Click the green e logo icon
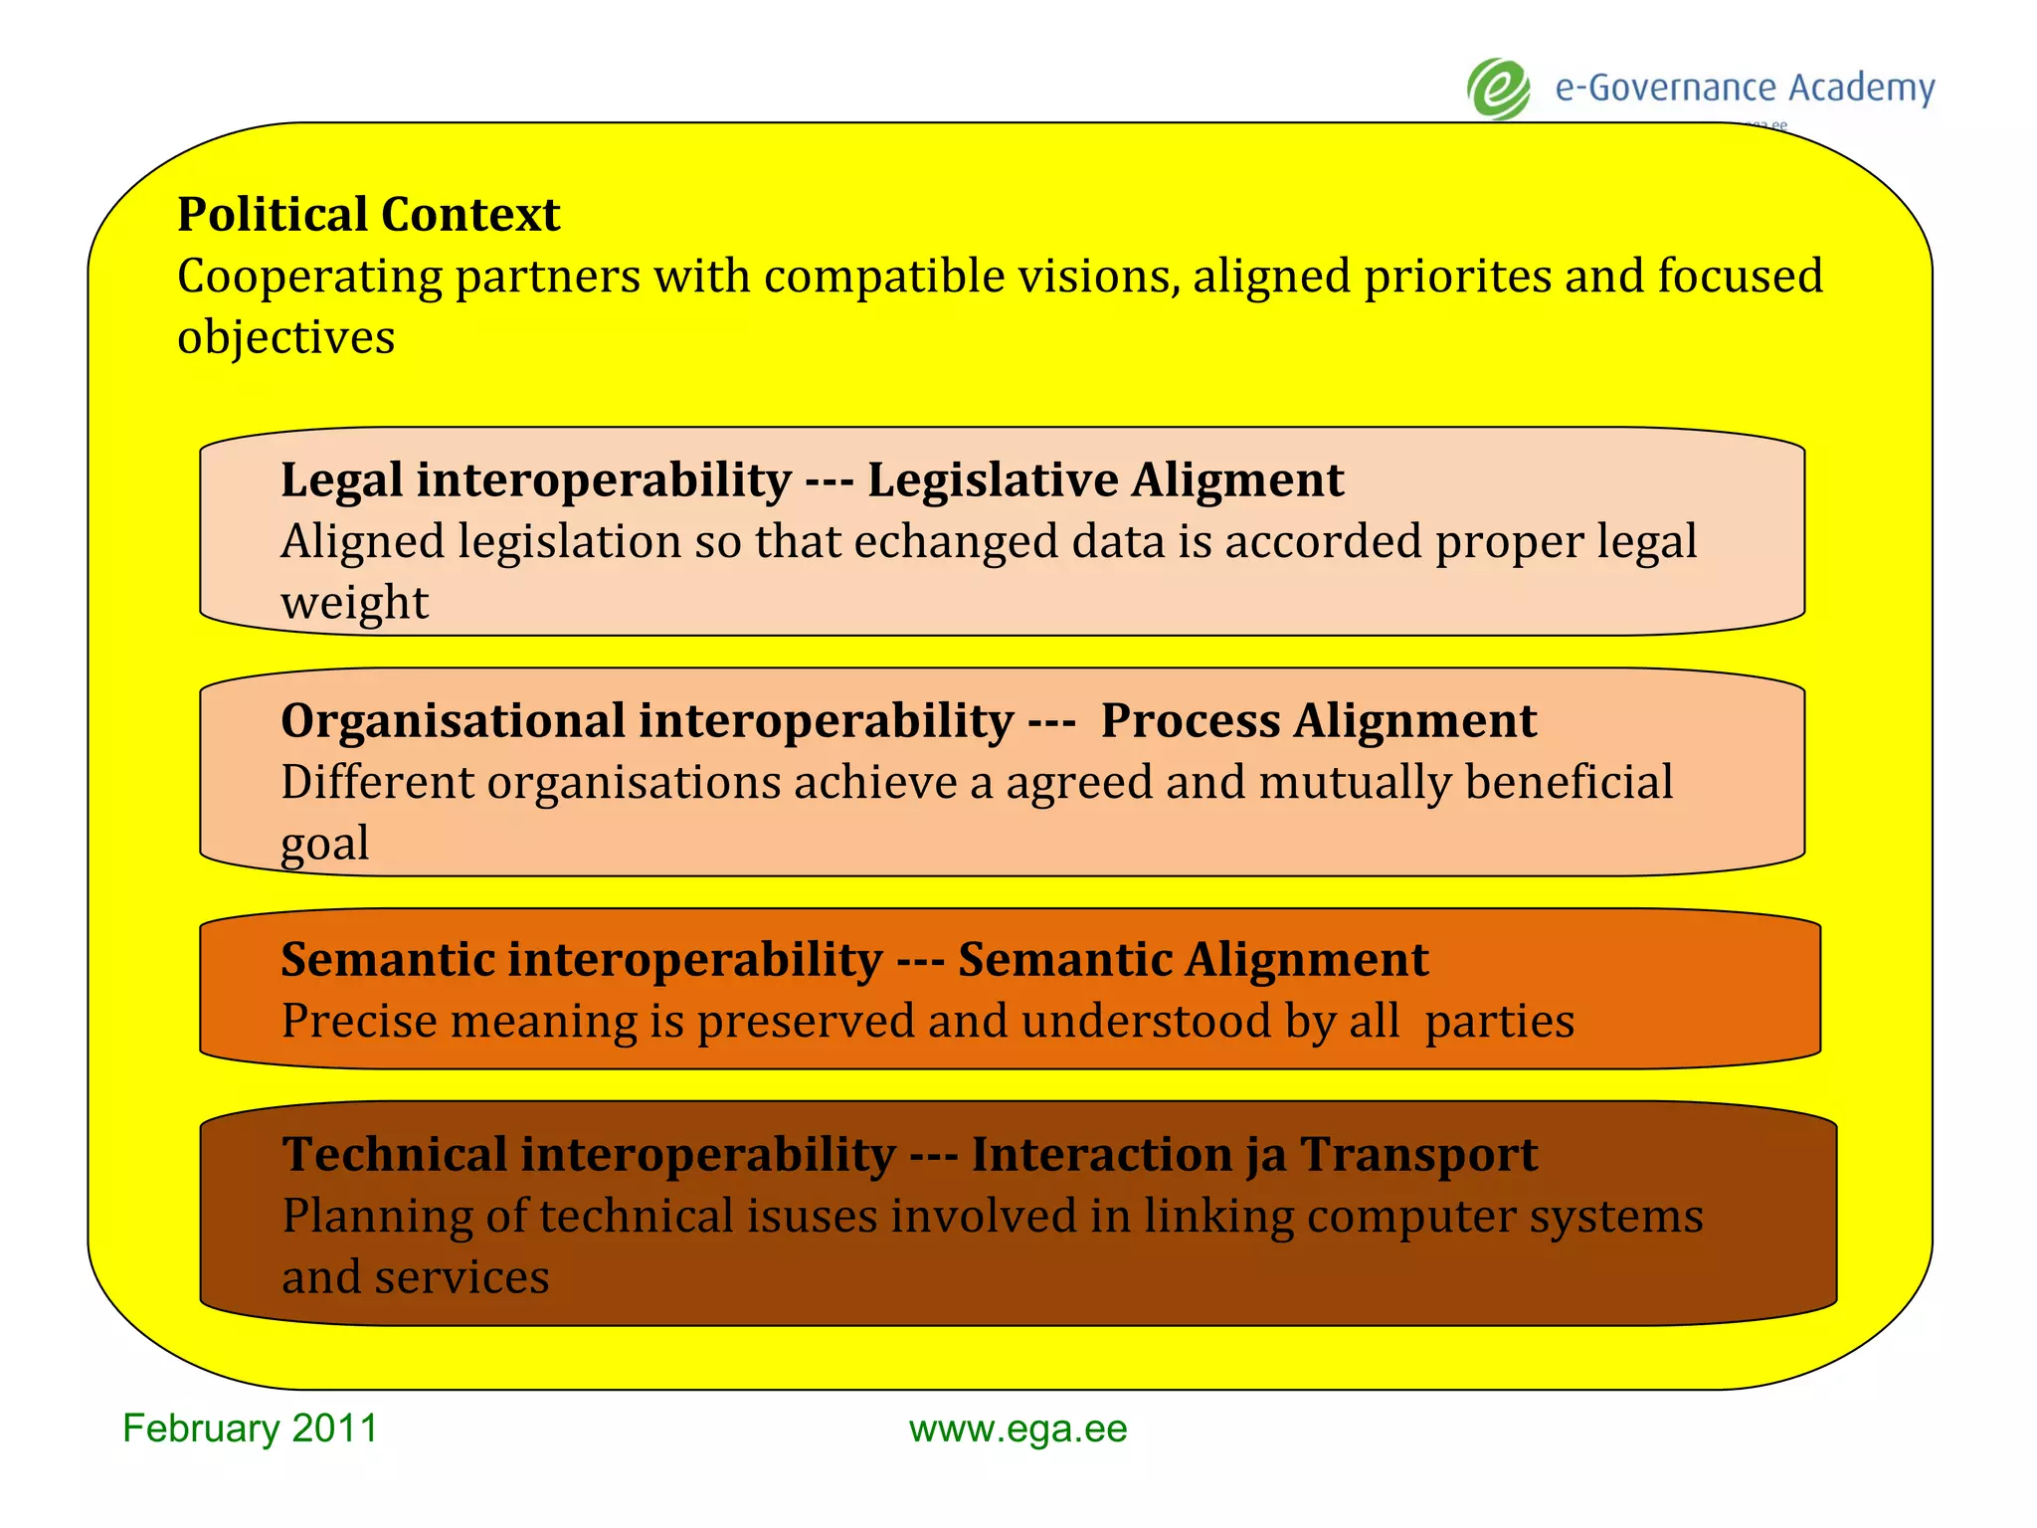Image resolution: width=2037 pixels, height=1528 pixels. (x=1499, y=90)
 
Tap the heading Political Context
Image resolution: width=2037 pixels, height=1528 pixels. (x=368, y=215)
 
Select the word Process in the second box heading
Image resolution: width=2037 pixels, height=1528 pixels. (x=1190, y=721)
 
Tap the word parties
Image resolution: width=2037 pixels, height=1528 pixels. (x=1499, y=1022)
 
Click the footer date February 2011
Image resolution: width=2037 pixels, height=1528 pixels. (x=250, y=1429)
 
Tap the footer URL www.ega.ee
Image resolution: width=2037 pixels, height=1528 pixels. (x=1018, y=1430)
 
